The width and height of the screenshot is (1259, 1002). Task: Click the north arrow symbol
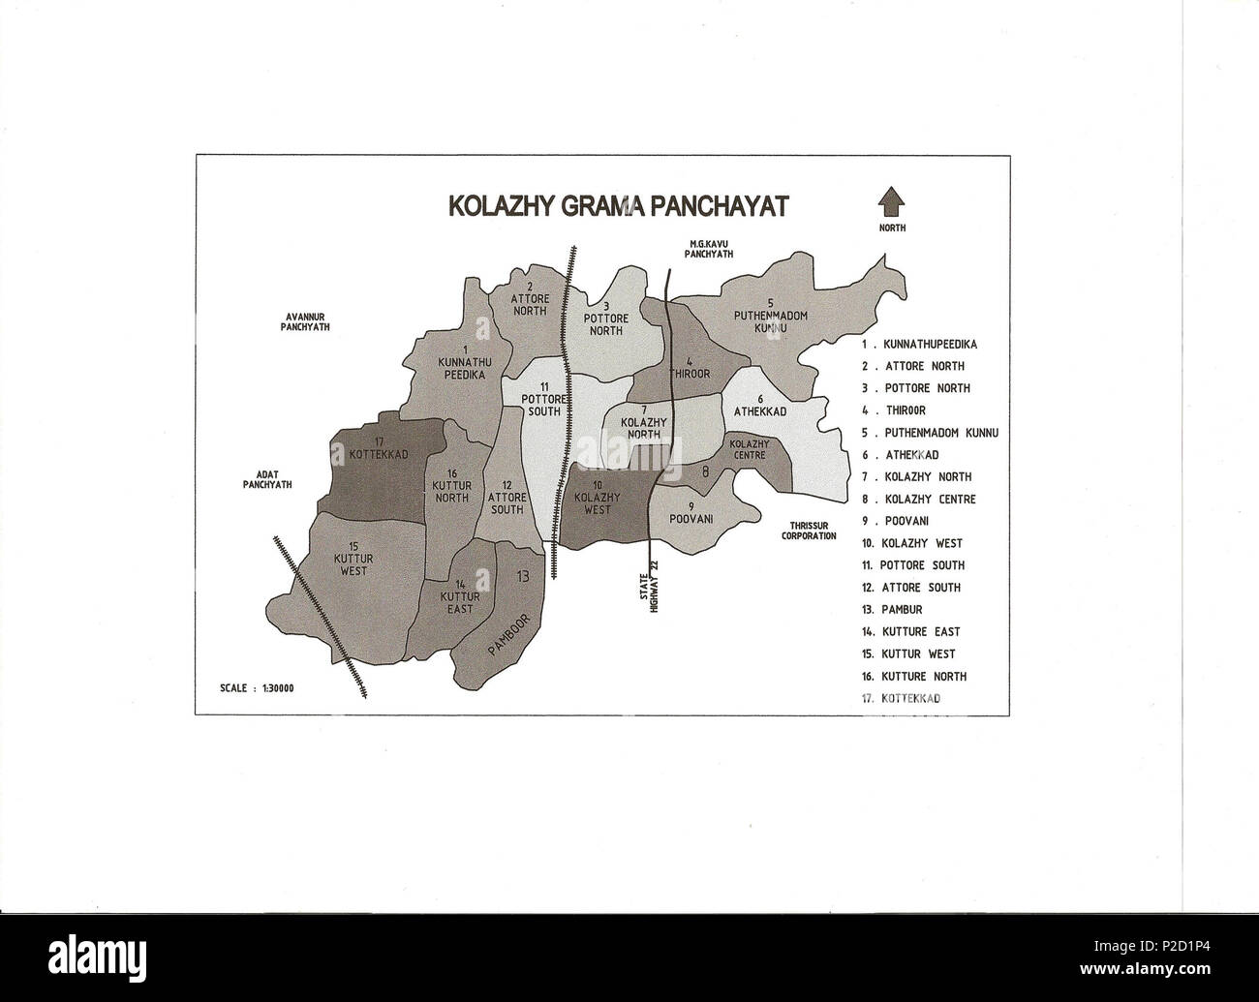891,203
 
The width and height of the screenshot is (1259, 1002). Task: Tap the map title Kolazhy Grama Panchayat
618,206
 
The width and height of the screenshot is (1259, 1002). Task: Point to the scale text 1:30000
258,688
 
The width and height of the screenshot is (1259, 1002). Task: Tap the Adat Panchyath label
267,479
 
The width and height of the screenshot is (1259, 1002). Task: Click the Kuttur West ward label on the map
353,564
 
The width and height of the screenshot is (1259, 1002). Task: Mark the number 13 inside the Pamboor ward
523,578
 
